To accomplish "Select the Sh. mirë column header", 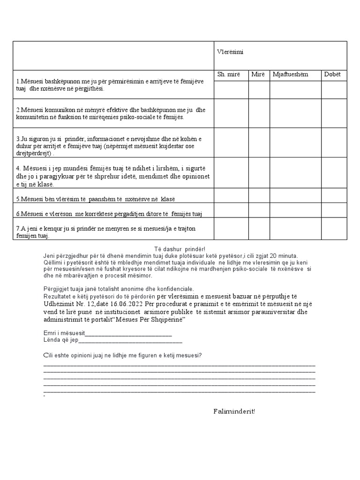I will [x=229, y=75].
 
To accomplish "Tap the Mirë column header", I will [x=258, y=75].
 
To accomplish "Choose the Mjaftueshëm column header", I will [x=289, y=75].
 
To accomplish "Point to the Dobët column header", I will [x=332, y=75].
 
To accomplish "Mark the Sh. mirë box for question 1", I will [x=231, y=89].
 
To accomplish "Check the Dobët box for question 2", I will [x=334, y=113].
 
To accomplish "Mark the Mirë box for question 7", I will [x=259, y=228].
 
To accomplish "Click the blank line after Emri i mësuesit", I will [x=127, y=334].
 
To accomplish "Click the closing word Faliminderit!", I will [x=234, y=412].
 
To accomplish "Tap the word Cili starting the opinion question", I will [x=48, y=355].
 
